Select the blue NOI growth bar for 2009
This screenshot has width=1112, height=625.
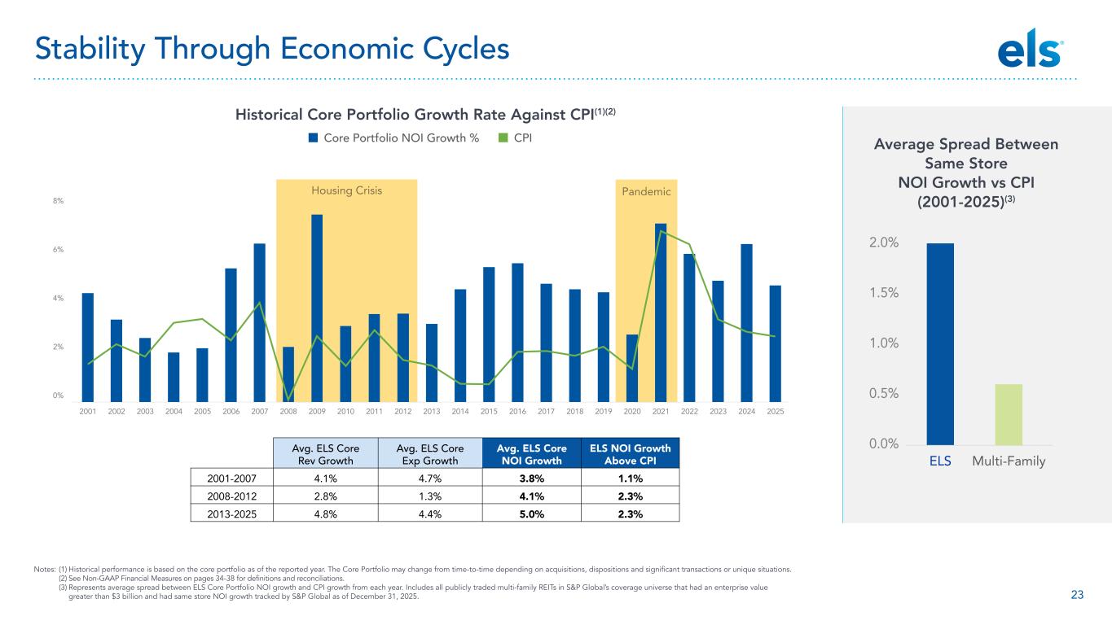click(317, 308)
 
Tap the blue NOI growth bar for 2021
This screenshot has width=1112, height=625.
click(661, 312)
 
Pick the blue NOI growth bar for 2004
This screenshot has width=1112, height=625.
click(174, 377)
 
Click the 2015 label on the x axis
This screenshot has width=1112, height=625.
click(489, 412)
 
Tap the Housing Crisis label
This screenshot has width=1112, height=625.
click(346, 190)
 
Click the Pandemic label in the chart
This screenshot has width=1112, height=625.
click(646, 191)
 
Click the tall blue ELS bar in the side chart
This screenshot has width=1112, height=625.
click(940, 343)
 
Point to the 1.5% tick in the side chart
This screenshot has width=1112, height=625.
click(881, 293)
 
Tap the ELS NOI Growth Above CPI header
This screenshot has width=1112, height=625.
click(635, 453)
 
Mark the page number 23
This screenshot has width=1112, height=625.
click(1077, 595)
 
